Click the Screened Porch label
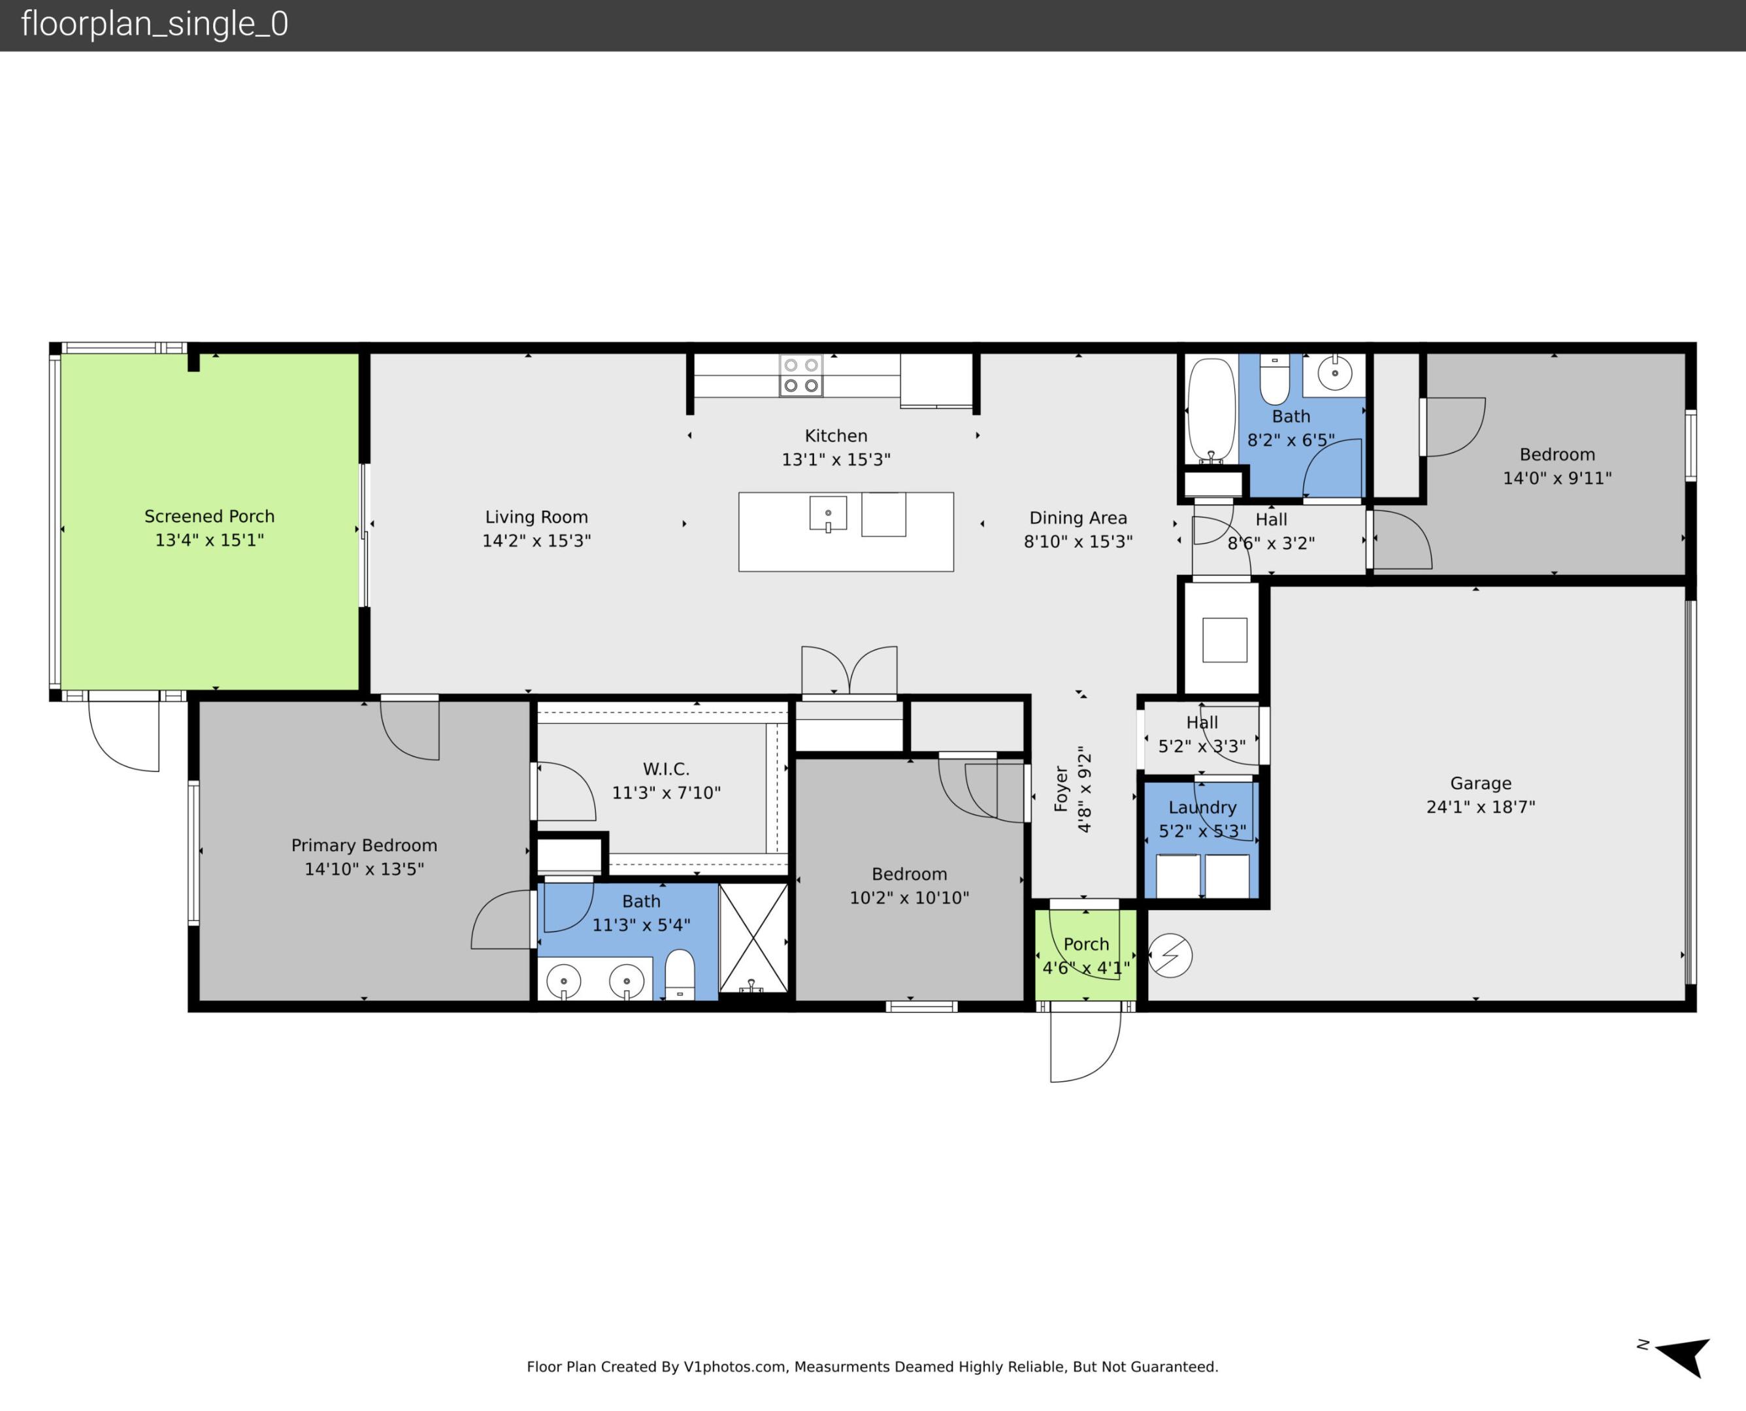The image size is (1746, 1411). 209,516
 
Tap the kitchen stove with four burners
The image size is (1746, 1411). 800,376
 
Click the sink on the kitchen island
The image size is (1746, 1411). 827,513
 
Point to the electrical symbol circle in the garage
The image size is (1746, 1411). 1170,956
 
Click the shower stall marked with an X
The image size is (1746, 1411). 753,938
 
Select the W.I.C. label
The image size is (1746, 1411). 666,769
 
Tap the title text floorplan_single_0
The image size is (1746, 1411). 154,24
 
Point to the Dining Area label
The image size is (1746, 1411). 1078,518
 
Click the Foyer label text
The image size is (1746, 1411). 1061,788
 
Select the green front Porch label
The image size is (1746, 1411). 1086,945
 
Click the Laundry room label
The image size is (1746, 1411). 1202,807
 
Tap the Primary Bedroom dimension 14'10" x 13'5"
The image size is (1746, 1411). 364,869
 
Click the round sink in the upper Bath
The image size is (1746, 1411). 1335,373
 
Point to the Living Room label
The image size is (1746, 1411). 536,517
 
